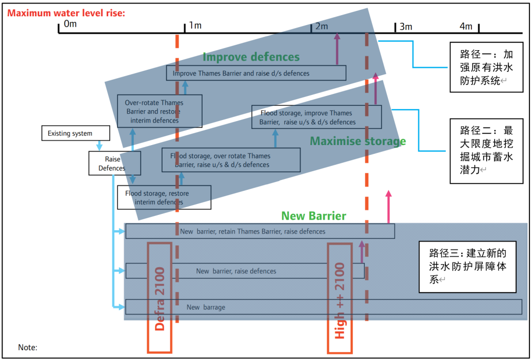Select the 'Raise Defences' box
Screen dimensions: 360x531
click(x=115, y=163)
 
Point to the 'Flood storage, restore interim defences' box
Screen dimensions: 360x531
click(x=164, y=198)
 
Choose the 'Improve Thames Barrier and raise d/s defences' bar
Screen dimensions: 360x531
click(x=256, y=73)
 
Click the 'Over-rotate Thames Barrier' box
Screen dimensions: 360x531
click(x=160, y=112)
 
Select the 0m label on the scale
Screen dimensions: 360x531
click(x=70, y=24)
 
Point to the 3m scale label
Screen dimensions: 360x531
click(x=406, y=27)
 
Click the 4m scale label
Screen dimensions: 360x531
click(x=466, y=27)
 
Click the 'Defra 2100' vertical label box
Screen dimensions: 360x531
click(x=160, y=298)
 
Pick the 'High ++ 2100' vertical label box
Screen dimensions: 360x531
click(x=340, y=298)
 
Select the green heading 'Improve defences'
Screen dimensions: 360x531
click(x=251, y=57)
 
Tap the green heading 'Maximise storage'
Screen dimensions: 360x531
click(x=357, y=142)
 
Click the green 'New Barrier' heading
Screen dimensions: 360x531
click(x=313, y=216)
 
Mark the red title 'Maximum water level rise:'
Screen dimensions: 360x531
click(x=66, y=13)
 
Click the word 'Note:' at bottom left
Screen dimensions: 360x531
click(x=28, y=348)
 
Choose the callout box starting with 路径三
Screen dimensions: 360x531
click(x=468, y=267)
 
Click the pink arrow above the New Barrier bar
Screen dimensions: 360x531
click(x=388, y=207)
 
